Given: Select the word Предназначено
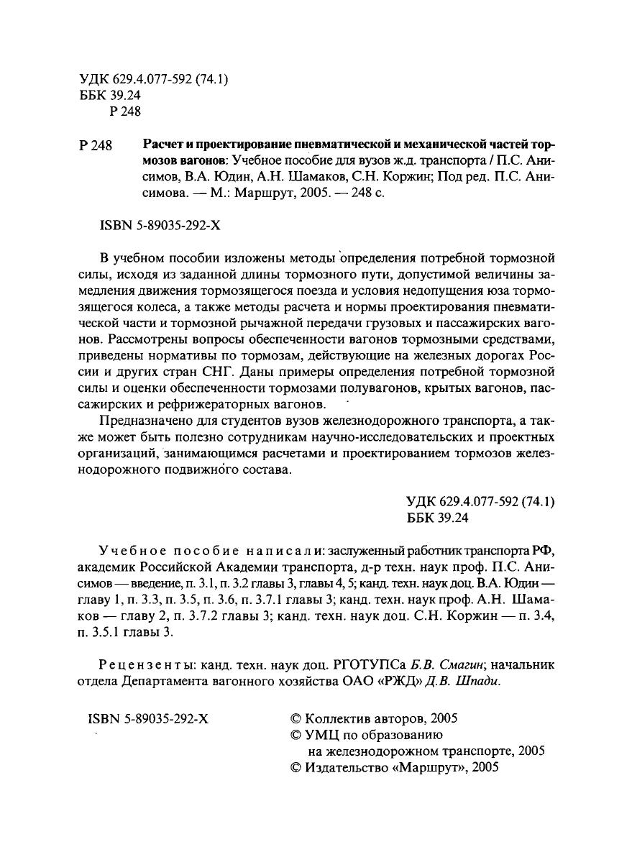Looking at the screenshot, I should click(x=141, y=422).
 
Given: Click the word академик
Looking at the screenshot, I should click(x=103, y=565).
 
